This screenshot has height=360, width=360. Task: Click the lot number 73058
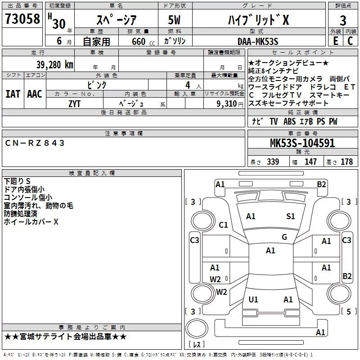pyautogui.click(x=22, y=19)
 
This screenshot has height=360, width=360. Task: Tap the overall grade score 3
pyautogui.click(x=343, y=20)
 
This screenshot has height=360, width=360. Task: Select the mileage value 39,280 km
pyautogui.click(x=54, y=65)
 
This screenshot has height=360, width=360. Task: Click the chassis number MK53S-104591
pyautogui.click(x=302, y=143)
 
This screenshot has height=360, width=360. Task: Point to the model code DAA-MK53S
pyautogui.click(x=258, y=41)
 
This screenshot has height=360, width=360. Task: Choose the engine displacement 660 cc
pyautogui.click(x=143, y=41)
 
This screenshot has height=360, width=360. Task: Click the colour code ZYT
pyautogui.click(x=74, y=104)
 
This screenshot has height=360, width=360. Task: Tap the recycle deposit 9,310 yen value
pyautogui.click(x=230, y=104)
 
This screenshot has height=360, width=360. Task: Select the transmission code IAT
pyautogui.click(x=13, y=94)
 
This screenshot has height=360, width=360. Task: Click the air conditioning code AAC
pyautogui.click(x=35, y=94)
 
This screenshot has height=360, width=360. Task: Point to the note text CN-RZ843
pyautogui.click(x=35, y=143)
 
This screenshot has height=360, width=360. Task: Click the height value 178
pyautogui.click(x=346, y=162)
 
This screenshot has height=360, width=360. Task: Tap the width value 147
pyautogui.click(x=310, y=162)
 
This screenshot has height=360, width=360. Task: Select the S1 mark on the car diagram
pyautogui.click(x=290, y=216)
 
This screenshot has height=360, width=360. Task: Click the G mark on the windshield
pyautogui.click(x=284, y=237)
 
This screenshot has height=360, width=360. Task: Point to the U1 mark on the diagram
pyautogui.click(x=253, y=299)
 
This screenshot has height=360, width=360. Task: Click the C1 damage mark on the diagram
pyautogui.click(x=223, y=225)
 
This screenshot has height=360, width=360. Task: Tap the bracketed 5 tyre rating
pyautogui.click(x=349, y=311)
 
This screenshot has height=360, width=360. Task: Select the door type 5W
pyautogui.click(x=174, y=20)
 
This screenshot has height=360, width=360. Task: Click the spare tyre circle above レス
pyautogui.click(x=197, y=328)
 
